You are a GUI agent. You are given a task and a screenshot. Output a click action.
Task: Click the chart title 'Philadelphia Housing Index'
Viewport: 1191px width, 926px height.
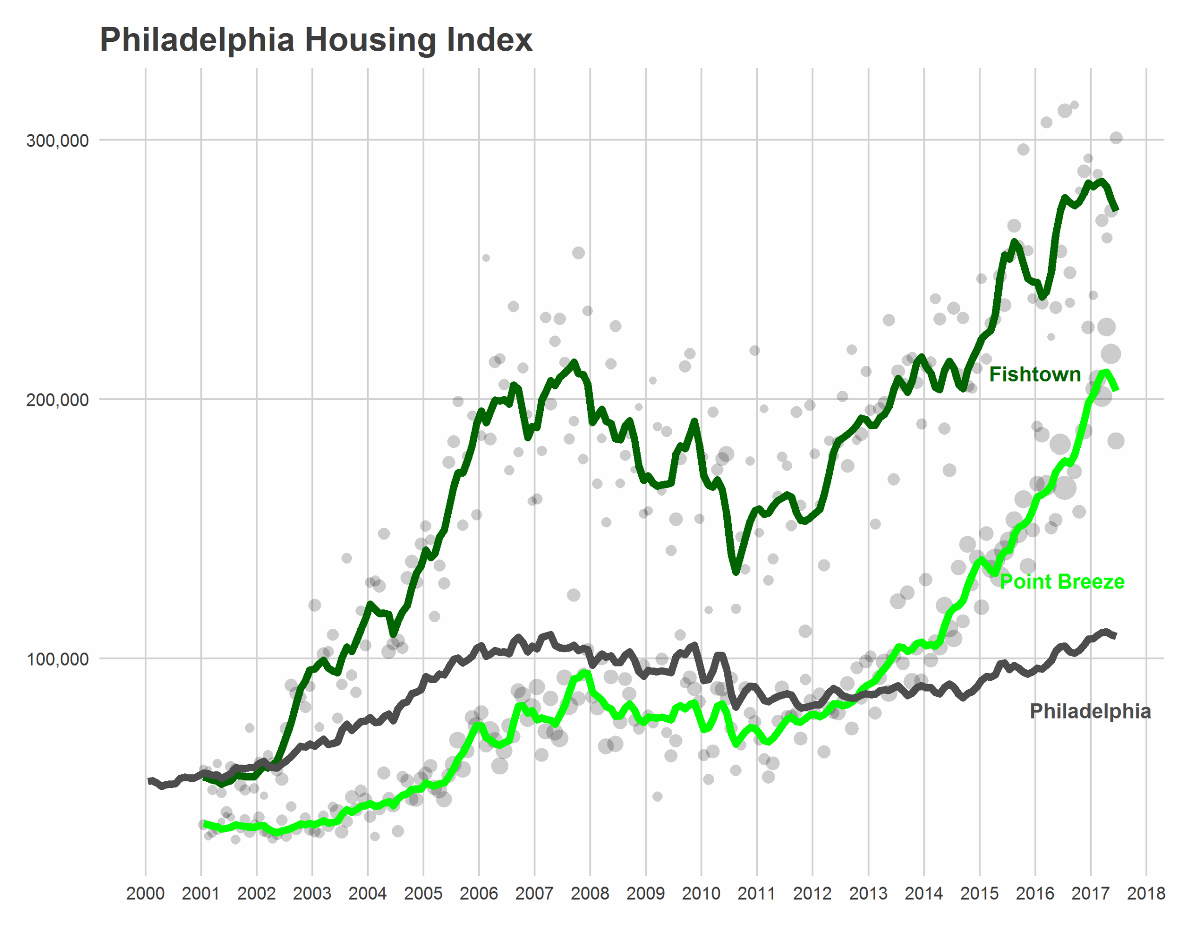point(316,40)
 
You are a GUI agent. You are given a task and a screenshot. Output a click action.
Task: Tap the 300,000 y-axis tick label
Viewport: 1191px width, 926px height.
point(57,140)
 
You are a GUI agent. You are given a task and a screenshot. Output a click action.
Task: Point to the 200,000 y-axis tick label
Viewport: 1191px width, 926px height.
point(57,400)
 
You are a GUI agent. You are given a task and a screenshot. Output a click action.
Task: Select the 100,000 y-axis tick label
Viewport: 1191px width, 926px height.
point(57,659)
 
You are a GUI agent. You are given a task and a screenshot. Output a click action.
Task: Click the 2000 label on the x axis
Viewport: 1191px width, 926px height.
point(145,894)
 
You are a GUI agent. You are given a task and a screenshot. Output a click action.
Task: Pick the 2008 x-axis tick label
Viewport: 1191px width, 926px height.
point(590,894)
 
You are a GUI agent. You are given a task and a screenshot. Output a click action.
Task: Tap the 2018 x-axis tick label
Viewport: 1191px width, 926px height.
point(1146,894)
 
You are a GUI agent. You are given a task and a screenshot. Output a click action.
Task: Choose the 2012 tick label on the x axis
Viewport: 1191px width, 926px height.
point(813,894)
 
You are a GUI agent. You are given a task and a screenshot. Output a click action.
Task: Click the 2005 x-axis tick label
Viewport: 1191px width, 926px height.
point(423,894)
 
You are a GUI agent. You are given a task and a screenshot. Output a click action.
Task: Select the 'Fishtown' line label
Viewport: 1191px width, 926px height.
point(1035,374)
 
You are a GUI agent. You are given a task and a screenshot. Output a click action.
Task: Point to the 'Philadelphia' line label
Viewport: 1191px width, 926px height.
point(1090,711)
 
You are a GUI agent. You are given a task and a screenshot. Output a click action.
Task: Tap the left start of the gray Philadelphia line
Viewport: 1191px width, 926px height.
point(150,780)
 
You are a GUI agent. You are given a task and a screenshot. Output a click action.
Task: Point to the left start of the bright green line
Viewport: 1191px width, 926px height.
point(205,824)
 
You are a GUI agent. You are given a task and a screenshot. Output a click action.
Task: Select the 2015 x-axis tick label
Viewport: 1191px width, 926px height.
point(979,894)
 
